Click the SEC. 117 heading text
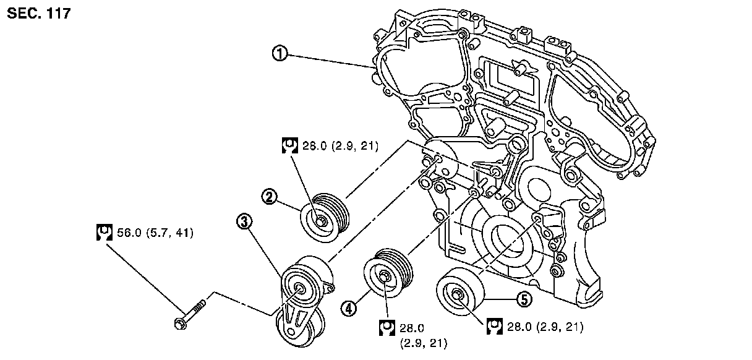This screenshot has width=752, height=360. (x=39, y=13)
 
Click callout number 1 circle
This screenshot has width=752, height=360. (x=280, y=54)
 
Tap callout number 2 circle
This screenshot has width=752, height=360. (x=268, y=197)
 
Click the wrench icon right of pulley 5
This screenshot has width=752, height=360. (x=495, y=326)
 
